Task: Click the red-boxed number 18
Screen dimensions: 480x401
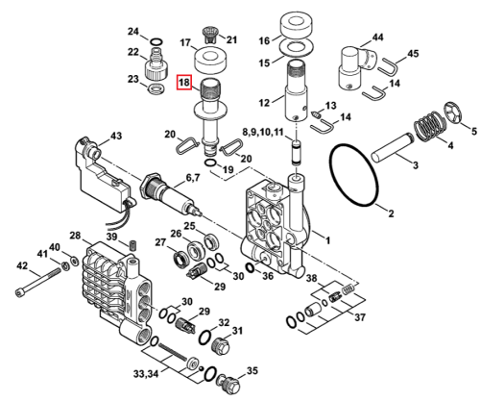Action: pos(184,83)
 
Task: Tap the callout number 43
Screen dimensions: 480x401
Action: pos(115,136)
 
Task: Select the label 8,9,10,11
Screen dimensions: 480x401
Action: pos(263,132)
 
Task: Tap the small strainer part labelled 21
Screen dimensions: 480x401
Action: pos(210,36)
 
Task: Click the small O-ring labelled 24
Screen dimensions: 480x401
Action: pos(156,41)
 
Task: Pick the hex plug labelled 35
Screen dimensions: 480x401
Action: pos(229,383)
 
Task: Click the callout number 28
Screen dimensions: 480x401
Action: pos(75,236)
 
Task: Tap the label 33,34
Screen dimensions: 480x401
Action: pos(146,374)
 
